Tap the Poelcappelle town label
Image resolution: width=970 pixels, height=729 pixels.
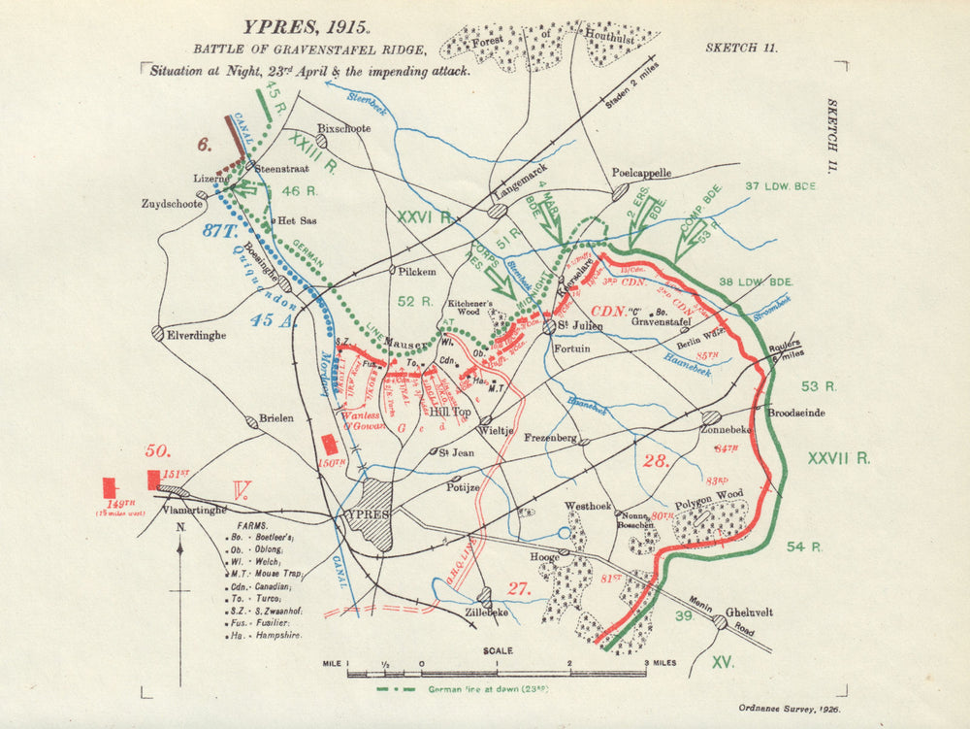(641, 173)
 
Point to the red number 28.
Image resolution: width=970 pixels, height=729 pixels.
(657, 460)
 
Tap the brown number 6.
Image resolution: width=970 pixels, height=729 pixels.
(205, 145)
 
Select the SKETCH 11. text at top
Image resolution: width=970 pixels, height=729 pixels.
(741, 48)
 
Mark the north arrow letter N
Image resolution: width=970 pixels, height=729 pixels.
(180, 527)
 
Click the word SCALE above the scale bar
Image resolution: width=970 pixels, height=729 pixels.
(494, 650)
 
